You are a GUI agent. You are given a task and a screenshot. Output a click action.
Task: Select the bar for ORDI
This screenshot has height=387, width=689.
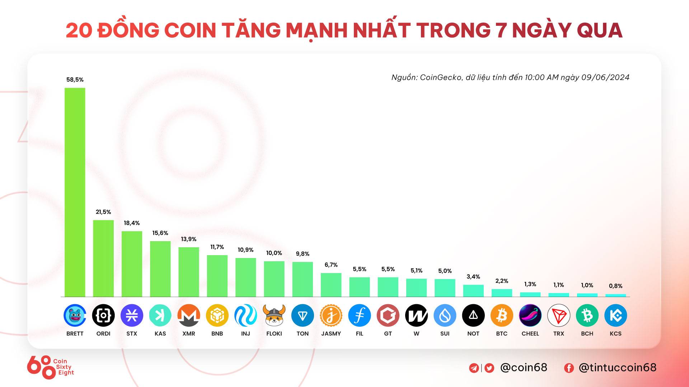tap(103, 258)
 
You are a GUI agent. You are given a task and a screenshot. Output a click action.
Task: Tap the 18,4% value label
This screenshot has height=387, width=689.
tap(132, 223)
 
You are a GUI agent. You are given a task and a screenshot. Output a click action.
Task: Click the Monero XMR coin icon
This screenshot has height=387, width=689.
tap(189, 315)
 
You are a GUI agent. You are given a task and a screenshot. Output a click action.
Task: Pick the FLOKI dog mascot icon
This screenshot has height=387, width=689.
tap(274, 315)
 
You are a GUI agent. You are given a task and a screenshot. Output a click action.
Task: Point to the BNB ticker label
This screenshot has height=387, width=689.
tap(217, 334)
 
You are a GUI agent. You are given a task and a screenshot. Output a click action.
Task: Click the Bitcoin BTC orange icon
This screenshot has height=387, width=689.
tap(502, 315)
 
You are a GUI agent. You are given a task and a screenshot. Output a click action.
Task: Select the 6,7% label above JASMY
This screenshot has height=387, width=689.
tap(331, 265)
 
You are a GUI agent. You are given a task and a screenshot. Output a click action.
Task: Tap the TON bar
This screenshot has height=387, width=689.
tap(303, 279)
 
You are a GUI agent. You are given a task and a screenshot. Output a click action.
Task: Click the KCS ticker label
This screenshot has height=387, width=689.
tap(615, 334)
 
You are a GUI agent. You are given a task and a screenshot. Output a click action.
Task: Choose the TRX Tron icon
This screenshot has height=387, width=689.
tap(559, 315)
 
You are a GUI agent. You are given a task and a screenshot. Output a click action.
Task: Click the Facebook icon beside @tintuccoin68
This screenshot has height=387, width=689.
tap(569, 368)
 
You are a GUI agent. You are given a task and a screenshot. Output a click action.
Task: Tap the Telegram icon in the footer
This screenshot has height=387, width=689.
tap(474, 368)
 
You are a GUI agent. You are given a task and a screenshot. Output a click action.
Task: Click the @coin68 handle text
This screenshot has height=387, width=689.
tap(524, 367)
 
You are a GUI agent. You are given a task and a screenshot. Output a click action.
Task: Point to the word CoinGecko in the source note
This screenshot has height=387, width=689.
tap(441, 77)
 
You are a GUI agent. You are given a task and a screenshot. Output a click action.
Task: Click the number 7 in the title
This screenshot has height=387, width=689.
tap(501, 30)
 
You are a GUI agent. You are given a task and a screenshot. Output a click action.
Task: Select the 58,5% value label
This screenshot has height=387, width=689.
tap(75, 80)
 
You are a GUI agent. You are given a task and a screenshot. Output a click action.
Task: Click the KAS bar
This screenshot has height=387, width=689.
tap(160, 269)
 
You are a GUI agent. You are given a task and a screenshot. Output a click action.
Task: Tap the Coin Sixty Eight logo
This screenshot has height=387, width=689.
tap(50, 367)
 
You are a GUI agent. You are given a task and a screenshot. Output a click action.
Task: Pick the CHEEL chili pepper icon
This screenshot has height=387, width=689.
tap(530, 315)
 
